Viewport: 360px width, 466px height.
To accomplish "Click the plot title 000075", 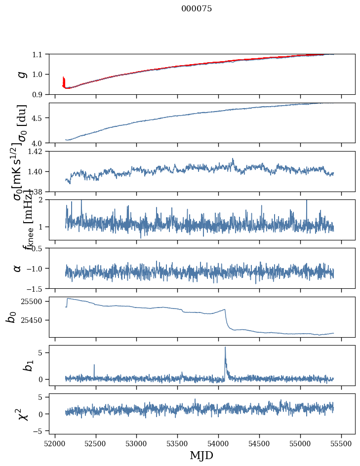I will point(197,9).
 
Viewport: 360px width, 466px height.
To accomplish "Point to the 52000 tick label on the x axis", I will point(55,443).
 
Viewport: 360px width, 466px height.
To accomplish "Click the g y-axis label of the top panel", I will point(21,74).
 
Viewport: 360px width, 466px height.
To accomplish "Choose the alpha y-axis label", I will point(18,268).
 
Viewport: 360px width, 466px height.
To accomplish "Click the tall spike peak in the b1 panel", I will point(225,347).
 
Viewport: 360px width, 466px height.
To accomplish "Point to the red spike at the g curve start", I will point(64,78).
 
